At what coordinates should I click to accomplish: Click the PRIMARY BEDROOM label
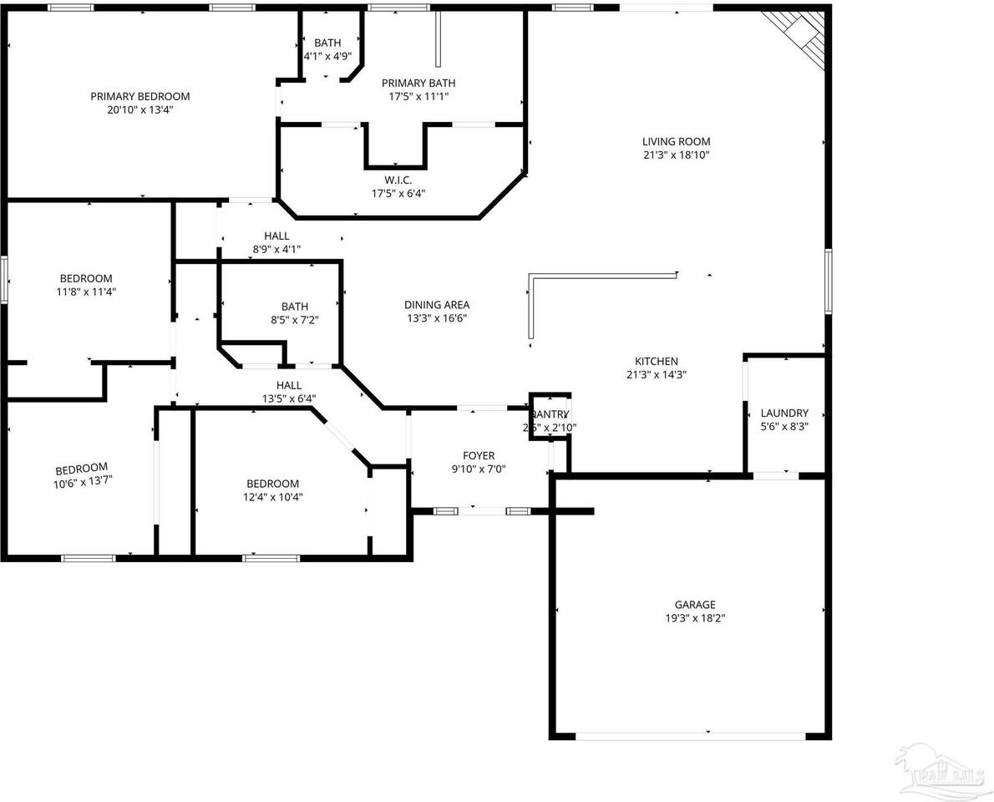click(140, 96)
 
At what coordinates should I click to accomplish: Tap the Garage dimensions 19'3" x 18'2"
click(695, 618)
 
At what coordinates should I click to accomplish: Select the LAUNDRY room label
click(784, 413)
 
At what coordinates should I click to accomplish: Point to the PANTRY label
click(550, 414)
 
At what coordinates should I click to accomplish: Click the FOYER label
click(479, 455)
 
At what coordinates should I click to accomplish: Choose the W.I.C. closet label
click(398, 180)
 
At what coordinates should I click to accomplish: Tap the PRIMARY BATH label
click(418, 83)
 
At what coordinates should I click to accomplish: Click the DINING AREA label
click(437, 305)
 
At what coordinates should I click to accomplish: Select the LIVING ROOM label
click(676, 141)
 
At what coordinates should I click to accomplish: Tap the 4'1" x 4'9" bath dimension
click(327, 57)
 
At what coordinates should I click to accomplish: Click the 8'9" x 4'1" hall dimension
click(276, 249)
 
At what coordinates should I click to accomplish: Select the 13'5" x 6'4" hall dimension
click(288, 398)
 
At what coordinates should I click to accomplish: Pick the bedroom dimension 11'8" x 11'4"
click(85, 292)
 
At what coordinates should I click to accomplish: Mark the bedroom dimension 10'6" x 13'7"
click(81, 480)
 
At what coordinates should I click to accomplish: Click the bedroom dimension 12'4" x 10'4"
click(272, 497)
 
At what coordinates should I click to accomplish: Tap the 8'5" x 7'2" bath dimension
click(294, 319)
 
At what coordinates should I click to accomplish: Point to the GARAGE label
click(695, 604)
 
